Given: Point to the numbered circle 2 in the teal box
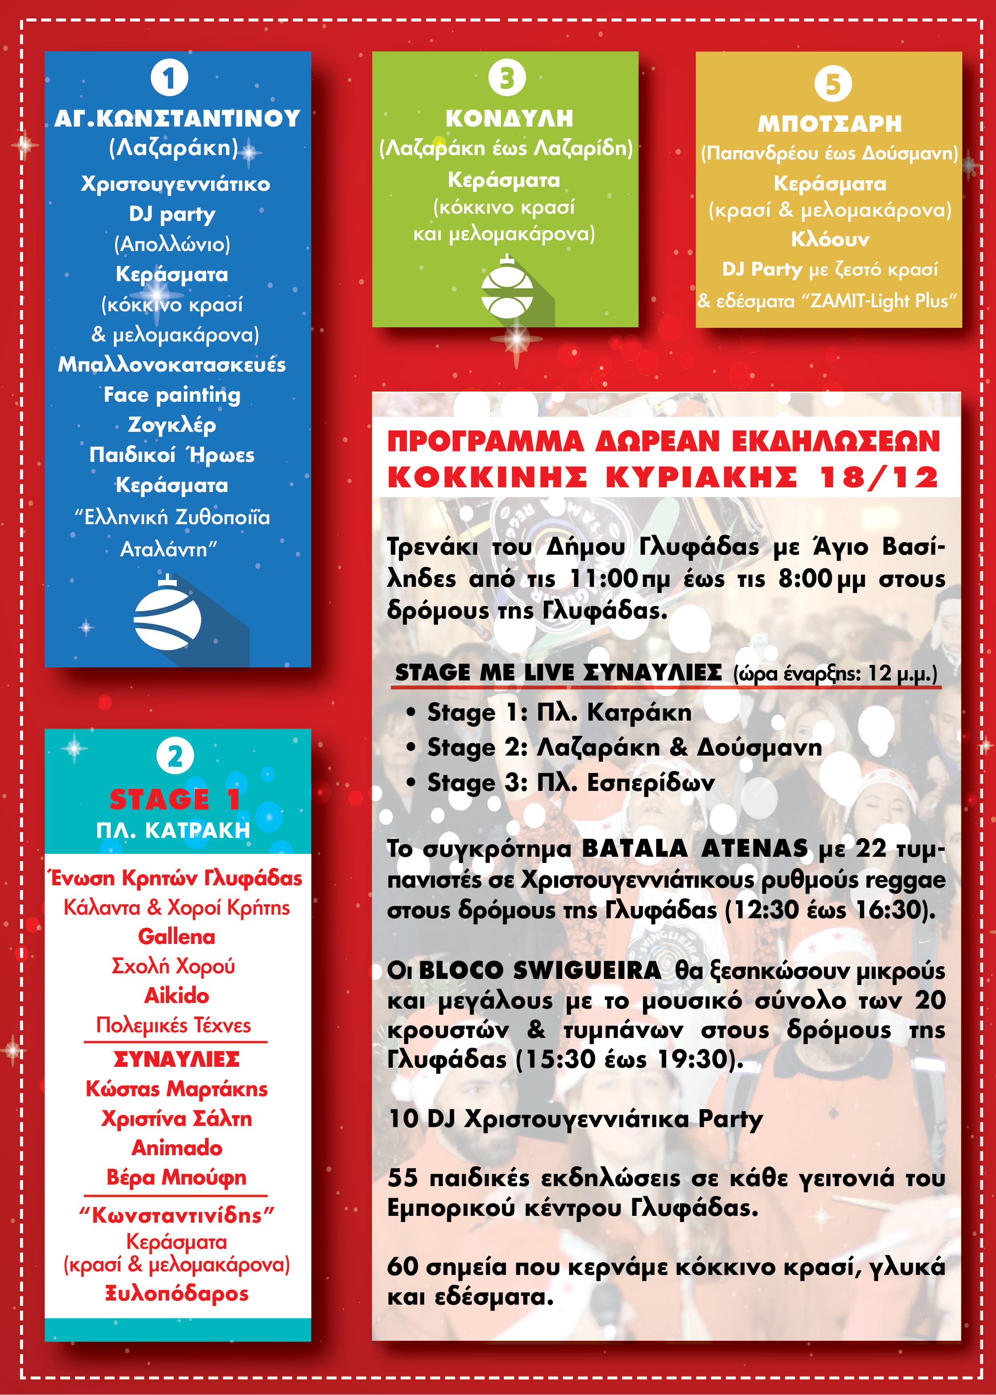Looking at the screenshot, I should point(175,756).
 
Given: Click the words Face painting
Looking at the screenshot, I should point(172,394).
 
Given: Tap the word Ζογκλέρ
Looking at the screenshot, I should point(172,425).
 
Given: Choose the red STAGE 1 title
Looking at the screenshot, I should point(175,799).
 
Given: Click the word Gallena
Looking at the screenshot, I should point(177,937).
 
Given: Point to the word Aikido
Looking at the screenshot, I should point(177,996).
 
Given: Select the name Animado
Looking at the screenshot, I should point(177,1148).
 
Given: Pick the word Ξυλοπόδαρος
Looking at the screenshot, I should point(177,1294).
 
